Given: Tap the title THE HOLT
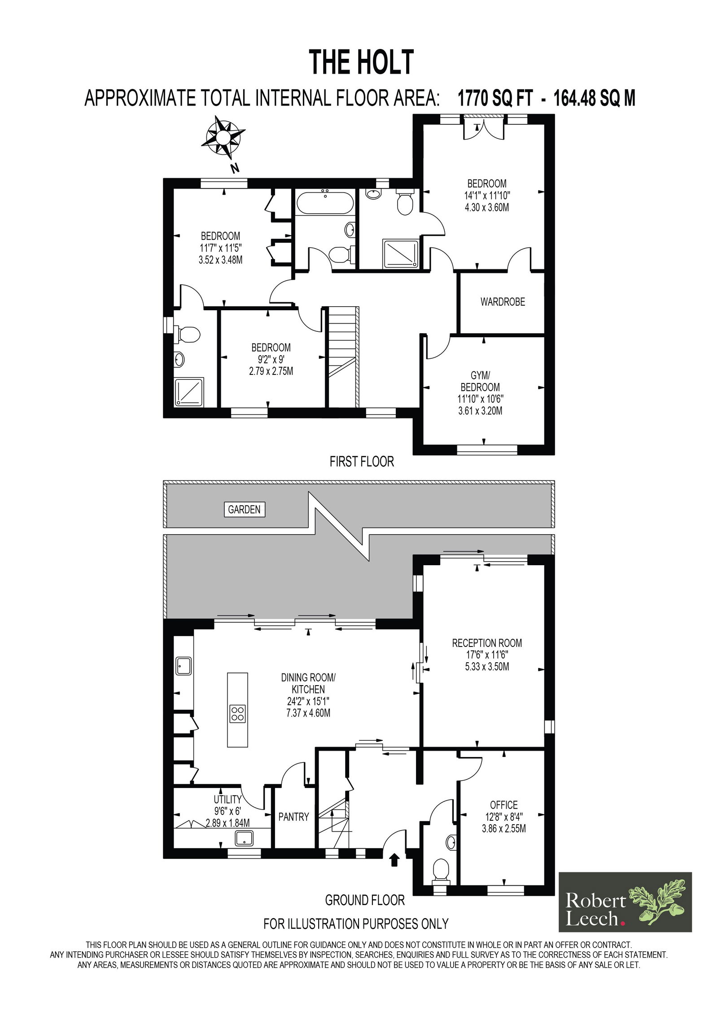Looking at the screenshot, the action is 361,62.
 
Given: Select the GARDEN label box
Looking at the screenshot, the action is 244,509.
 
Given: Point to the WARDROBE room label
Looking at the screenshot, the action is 502,302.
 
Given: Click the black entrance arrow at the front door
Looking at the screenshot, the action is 394,859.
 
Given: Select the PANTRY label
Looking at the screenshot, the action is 293,817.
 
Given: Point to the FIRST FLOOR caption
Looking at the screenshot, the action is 362,462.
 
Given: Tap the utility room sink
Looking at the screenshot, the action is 245,839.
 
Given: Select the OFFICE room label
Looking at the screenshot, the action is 503,805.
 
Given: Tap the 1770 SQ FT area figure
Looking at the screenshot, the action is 495,98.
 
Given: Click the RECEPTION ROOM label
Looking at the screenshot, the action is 487,643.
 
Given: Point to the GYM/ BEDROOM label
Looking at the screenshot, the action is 480,381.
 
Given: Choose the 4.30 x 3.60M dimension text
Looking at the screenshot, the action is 487,207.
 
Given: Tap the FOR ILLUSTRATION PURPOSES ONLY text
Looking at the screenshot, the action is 356,924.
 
